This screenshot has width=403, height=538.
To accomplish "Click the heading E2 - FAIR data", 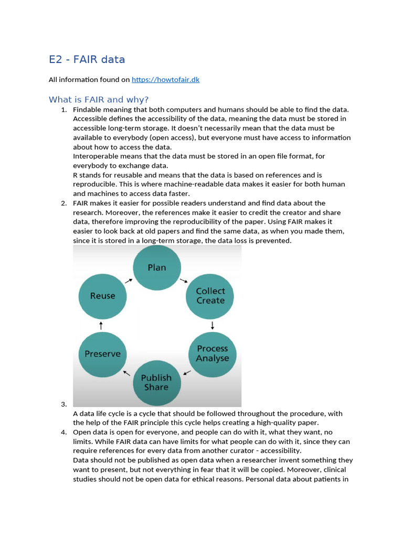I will (x=87, y=59).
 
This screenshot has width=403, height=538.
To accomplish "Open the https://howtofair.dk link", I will (x=165, y=80).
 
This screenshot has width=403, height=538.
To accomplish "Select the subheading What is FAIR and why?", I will (x=99, y=99).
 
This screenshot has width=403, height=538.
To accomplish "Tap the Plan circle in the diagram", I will (x=156, y=267).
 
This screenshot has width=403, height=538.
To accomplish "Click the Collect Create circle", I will (x=210, y=296).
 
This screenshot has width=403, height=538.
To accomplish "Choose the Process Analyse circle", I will (x=213, y=354).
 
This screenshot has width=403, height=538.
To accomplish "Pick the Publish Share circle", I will (x=156, y=382).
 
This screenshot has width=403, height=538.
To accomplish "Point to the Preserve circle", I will (x=103, y=354).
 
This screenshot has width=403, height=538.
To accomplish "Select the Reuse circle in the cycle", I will (x=103, y=296).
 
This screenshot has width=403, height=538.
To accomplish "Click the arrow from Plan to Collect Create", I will (x=183, y=281).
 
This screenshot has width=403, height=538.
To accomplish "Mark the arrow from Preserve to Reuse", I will (x=101, y=325).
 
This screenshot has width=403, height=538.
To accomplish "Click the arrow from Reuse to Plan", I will (x=129, y=281).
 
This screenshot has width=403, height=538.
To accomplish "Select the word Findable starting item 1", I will (x=88, y=109).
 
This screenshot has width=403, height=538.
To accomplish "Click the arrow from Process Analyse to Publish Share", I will (x=187, y=373).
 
